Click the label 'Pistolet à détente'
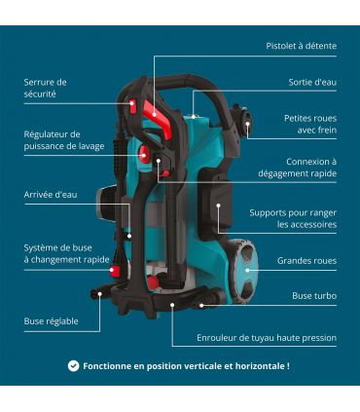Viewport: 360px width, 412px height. point(302,46)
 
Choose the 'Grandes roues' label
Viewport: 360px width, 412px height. point(306,261)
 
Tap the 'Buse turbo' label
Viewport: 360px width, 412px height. point(314,295)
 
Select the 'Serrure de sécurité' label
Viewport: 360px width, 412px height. point(46,88)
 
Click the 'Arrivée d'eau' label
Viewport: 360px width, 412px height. point(51,195)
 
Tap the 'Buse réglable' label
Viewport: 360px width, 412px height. point(52,320)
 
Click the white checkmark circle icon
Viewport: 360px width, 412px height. point(73,366)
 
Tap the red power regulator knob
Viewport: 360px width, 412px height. point(142,154)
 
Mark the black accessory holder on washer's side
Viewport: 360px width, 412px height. point(213,206)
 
